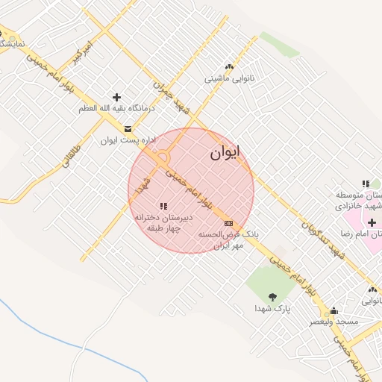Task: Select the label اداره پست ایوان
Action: tap(120, 140)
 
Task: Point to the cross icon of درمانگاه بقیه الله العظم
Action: tap(116, 97)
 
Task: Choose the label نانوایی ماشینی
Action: tap(229, 78)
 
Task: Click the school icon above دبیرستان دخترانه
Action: tap(163, 206)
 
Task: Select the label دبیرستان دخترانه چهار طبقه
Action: tap(163, 222)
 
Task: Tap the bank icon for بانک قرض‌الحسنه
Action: tap(228, 222)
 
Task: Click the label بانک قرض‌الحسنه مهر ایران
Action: tap(228, 239)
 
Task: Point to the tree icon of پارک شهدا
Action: tap(272, 297)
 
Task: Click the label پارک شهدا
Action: tap(272, 307)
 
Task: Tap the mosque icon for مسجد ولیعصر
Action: tap(334, 310)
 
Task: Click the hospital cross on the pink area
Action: tap(372, 222)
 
